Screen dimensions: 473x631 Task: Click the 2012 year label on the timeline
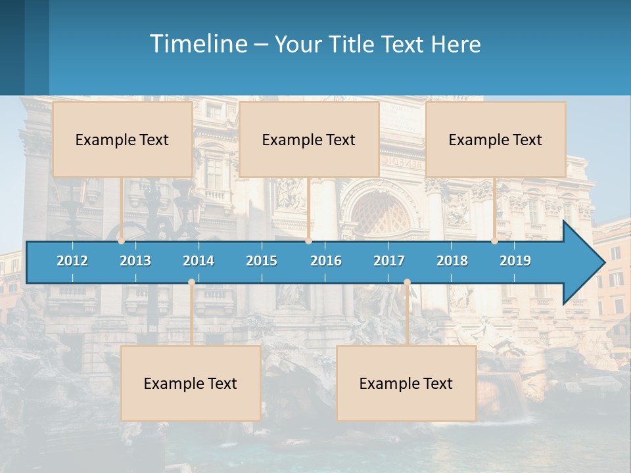(x=72, y=261)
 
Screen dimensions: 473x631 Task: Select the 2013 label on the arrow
(x=135, y=261)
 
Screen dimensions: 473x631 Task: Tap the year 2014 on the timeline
(x=199, y=261)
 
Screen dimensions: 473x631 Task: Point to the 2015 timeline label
(x=262, y=261)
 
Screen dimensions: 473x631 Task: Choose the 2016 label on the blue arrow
(x=326, y=261)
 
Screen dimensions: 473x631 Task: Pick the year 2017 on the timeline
(x=389, y=261)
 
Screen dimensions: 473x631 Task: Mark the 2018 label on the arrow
(x=452, y=261)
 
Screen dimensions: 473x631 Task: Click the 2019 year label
(x=515, y=261)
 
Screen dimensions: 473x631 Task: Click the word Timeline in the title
(x=197, y=44)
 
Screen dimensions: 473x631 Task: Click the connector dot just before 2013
(x=122, y=241)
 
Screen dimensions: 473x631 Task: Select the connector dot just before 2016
(x=308, y=241)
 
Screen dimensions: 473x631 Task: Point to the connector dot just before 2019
(x=495, y=241)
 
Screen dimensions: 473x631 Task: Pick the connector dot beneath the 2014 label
(x=191, y=282)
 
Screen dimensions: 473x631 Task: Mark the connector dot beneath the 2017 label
(x=407, y=282)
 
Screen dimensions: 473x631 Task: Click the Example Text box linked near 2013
(x=122, y=139)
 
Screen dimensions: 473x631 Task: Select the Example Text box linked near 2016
(x=309, y=139)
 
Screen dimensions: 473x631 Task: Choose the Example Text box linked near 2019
(x=496, y=139)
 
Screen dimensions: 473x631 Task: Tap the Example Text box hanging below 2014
(x=191, y=383)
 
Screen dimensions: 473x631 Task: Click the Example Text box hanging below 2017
(x=406, y=383)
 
